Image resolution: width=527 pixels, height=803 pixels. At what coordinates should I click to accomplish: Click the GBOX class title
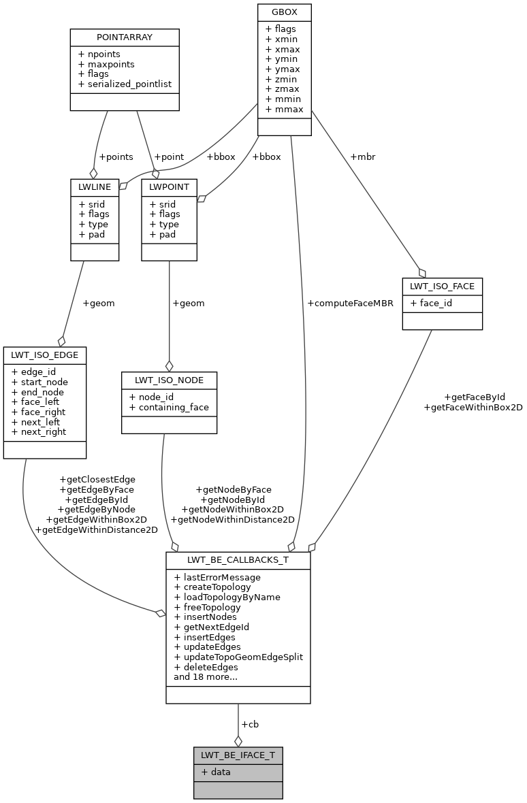(x=284, y=12)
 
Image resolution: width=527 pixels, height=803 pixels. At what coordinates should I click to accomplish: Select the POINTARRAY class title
(x=125, y=37)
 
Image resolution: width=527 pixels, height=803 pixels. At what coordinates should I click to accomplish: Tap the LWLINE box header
(x=95, y=187)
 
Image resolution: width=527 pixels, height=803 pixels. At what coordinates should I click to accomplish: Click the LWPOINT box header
(x=169, y=187)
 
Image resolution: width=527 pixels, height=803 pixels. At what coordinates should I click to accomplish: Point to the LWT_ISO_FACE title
(x=442, y=286)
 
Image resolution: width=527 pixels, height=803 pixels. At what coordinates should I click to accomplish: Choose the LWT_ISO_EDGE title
(x=45, y=355)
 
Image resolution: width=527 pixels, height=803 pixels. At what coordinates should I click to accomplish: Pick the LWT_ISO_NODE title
(x=169, y=380)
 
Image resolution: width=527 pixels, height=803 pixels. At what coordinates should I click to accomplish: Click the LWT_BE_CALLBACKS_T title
(x=238, y=560)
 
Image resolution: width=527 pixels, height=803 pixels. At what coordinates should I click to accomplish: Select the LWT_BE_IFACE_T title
(x=238, y=755)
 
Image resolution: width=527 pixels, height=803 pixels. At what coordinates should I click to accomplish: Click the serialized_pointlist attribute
(x=125, y=84)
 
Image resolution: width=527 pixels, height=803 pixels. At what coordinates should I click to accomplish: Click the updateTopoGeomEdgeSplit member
(x=238, y=657)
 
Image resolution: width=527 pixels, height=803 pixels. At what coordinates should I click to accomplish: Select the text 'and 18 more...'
(x=206, y=677)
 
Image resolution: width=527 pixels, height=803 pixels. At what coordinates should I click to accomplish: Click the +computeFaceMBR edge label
(x=350, y=304)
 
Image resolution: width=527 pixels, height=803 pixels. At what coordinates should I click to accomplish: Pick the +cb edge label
(x=250, y=724)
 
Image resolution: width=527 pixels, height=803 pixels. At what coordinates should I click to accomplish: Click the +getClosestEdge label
(x=97, y=479)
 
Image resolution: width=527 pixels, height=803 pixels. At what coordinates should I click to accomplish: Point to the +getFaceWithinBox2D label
(x=473, y=407)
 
